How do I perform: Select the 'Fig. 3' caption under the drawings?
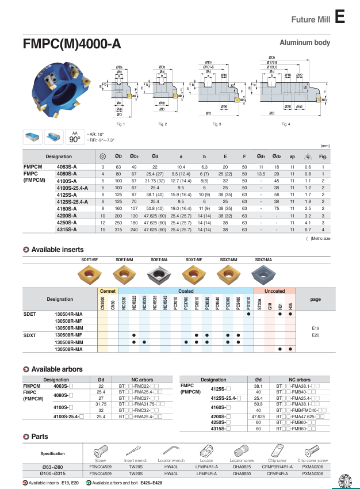216,124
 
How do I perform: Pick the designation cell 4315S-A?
67,229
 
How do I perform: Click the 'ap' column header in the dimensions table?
292,156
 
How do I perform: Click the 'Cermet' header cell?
108,291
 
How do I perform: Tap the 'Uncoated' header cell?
274,291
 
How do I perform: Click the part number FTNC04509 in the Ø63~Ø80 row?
101,467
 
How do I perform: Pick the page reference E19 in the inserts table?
315,327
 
